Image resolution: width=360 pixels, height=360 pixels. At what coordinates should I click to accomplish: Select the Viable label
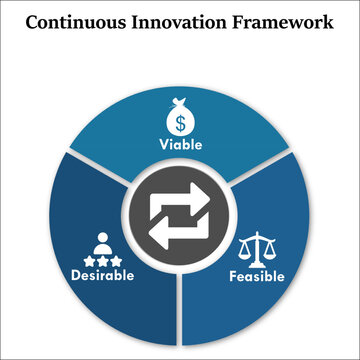(181, 145)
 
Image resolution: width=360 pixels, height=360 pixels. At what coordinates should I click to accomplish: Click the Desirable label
(101, 275)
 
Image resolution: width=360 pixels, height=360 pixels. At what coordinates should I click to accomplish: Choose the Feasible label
(257, 276)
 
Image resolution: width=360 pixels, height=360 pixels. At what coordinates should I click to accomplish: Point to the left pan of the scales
(246, 255)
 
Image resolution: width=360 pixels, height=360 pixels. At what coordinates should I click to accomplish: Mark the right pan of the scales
(268, 255)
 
